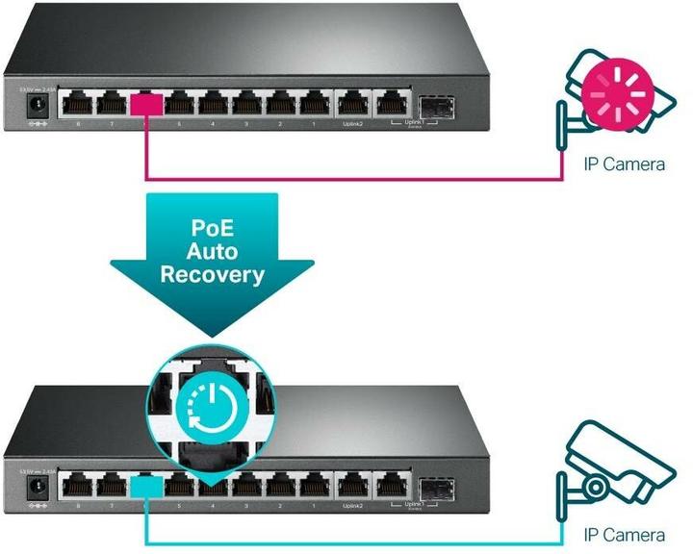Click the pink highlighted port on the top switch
[147, 103]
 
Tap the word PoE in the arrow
[212, 230]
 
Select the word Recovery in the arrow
[212, 274]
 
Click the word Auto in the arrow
[212, 252]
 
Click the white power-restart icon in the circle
[210, 407]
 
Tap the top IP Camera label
[625, 164]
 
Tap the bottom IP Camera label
[625, 535]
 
